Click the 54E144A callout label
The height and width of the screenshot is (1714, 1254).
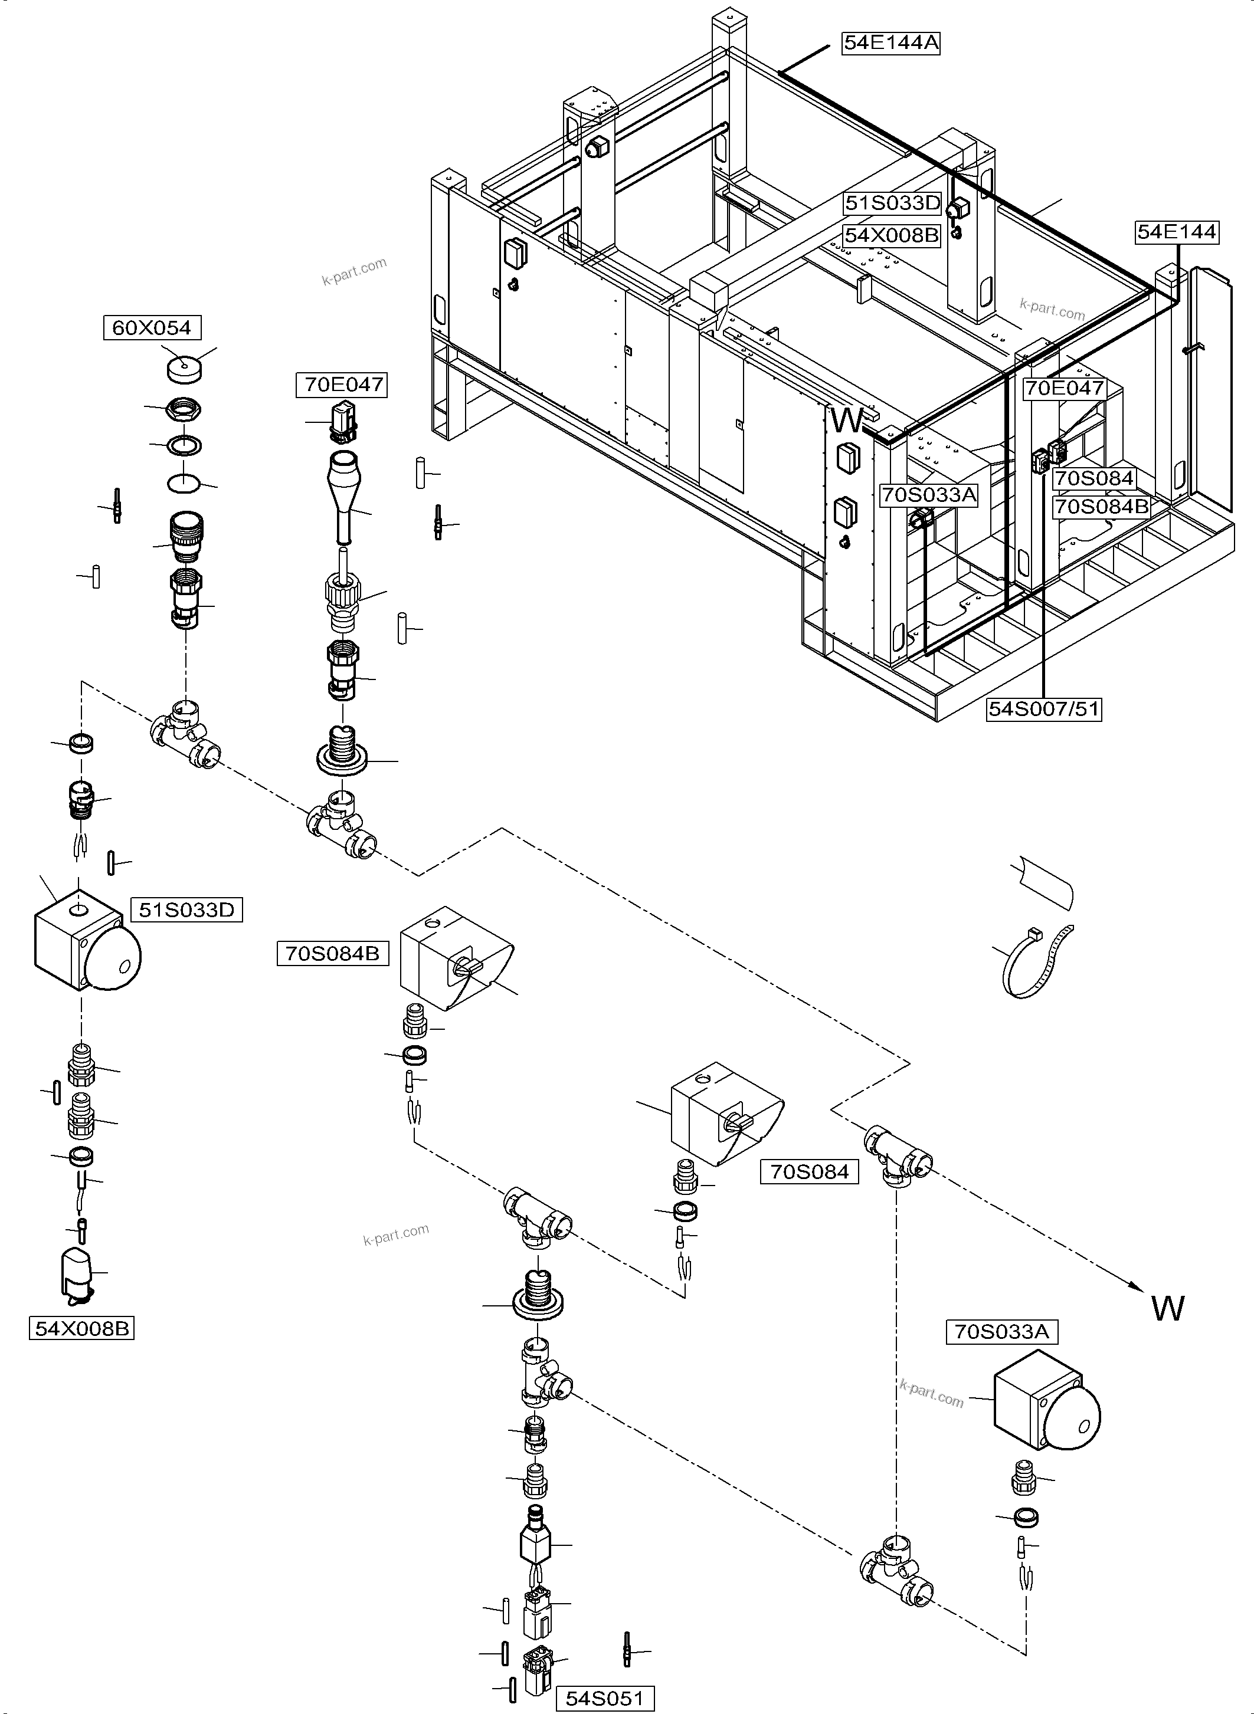coord(891,43)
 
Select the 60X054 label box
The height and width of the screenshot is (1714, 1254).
coord(152,328)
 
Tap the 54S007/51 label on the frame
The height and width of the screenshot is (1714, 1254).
coord(1044,710)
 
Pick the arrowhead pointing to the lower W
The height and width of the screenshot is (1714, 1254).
coord(1135,1287)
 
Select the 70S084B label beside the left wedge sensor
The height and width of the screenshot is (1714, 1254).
coord(332,953)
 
